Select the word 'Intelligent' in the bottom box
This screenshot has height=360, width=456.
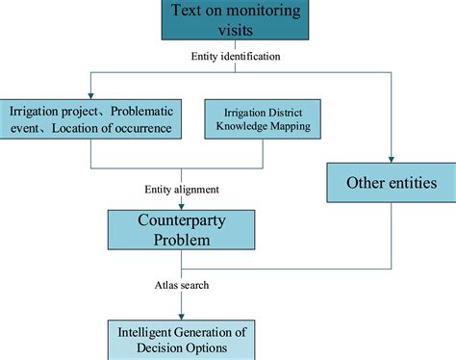point(146,332)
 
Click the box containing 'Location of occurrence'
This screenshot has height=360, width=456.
point(90,119)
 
